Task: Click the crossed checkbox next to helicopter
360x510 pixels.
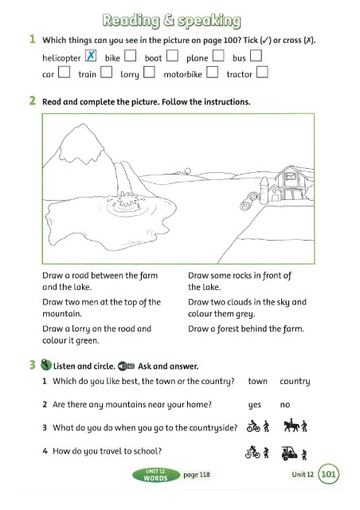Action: coord(91,56)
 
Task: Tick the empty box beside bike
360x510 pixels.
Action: coord(130,56)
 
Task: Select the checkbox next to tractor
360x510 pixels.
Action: coord(262,72)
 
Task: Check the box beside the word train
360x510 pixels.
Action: coord(107,72)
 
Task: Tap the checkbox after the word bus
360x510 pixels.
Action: coord(256,56)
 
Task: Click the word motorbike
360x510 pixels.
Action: coord(182,74)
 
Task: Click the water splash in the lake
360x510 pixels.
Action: coord(126,200)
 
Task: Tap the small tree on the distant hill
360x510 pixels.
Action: coord(187,171)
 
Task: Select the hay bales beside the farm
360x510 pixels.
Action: coord(248,201)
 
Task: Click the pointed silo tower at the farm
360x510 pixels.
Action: coord(264,190)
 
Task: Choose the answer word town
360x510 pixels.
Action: coord(257,381)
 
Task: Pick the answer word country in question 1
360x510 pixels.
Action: coord(295,382)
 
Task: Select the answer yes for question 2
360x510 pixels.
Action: coord(255,405)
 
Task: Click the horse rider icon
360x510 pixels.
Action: coord(291,426)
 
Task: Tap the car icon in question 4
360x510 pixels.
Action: coord(289,453)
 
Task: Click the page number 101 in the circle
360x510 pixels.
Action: coord(328,474)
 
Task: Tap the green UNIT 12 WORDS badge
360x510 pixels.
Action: coord(156,475)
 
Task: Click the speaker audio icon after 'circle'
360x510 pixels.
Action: coord(126,367)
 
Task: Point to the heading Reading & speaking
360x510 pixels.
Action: coord(172,21)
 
